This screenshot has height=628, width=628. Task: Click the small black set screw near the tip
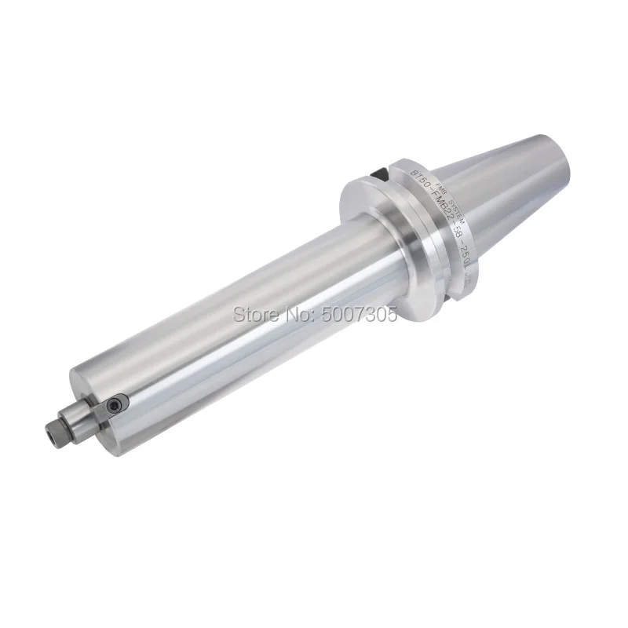[117, 403]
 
